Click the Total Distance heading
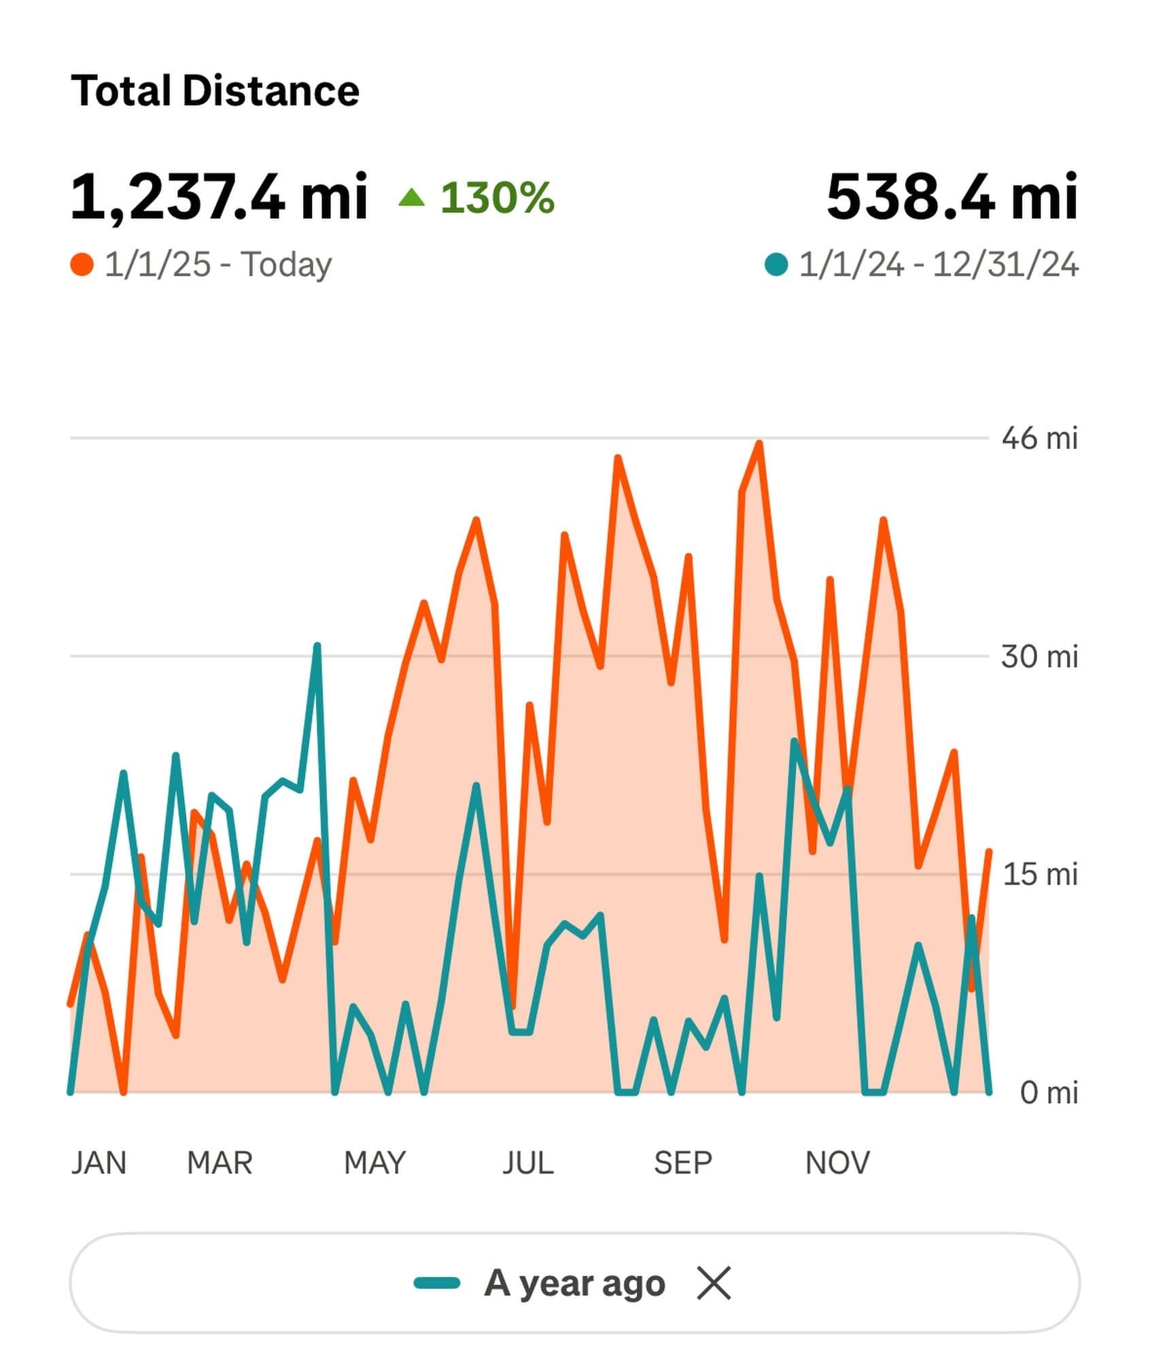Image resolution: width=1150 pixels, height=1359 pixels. tap(215, 91)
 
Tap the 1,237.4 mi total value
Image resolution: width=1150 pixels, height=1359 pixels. tap(219, 197)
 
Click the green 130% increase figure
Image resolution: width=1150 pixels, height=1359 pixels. tap(497, 198)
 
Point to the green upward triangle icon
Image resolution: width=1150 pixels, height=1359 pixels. tap(411, 198)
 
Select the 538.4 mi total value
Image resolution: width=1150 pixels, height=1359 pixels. tap(952, 197)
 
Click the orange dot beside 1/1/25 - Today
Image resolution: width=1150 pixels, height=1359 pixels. tap(82, 265)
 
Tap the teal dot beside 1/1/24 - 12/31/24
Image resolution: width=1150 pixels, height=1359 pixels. tap(776, 265)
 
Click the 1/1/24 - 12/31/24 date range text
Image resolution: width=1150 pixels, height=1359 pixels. tap(938, 265)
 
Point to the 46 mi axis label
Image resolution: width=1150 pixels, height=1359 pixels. tap(1039, 438)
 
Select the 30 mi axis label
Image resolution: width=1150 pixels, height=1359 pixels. tap(1039, 657)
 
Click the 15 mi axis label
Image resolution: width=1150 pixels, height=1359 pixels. tap(1040, 875)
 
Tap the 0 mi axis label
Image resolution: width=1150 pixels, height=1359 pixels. tap(1048, 1093)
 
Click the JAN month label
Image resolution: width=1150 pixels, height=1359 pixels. tap(99, 1163)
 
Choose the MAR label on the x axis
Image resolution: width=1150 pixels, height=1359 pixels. tap(220, 1163)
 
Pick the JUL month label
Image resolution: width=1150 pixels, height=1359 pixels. tap(527, 1163)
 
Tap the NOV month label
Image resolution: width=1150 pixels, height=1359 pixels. tap(837, 1163)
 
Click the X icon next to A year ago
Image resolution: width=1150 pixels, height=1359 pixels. tap(714, 1284)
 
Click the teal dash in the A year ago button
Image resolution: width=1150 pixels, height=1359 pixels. tap(437, 1284)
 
